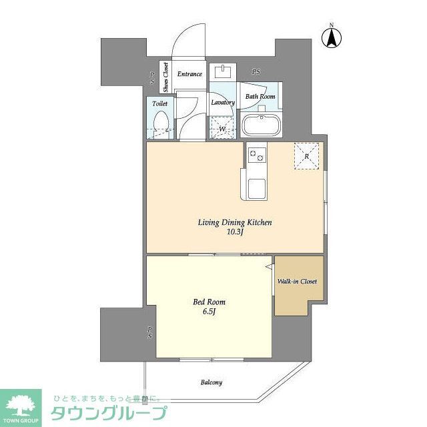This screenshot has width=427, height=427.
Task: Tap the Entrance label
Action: point(189,74)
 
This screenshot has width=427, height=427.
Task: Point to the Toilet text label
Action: point(159,104)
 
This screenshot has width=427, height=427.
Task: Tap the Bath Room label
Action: point(260,97)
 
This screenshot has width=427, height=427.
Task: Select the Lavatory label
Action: point(223,103)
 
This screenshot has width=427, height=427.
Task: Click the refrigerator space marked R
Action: point(308,157)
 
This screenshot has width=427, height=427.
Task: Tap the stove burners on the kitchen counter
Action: point(257,156)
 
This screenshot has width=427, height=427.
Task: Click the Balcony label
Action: point(211,382)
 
